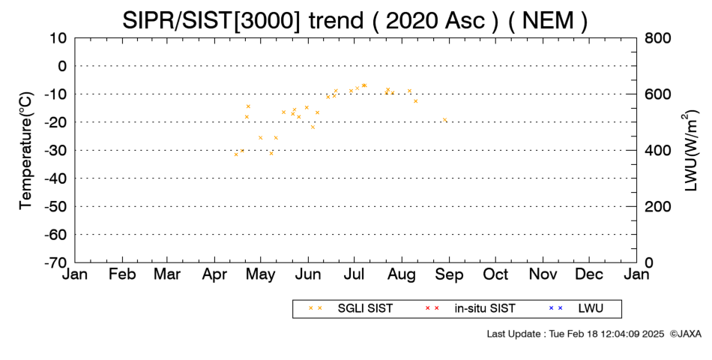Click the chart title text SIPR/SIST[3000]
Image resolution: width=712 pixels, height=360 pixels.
click(211, 20)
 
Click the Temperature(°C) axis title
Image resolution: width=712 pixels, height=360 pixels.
click(26, 151)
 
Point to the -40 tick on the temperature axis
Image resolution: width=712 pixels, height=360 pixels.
click(55, 178)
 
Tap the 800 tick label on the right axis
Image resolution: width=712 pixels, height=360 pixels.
click(657, 38)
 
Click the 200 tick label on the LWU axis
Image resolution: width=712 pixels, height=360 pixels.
click(657, 207)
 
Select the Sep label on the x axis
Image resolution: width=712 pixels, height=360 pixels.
click(449, 274)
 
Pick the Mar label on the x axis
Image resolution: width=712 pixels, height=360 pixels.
click(167, 274)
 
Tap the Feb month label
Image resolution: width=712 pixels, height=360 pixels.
click(122, 274)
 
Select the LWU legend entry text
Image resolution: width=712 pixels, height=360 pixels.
click(591, 309)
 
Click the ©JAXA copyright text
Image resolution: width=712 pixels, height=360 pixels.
click(685, 334)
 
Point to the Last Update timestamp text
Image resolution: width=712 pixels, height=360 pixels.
click(576, 334)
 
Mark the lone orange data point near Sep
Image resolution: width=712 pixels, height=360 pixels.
click(444, 120)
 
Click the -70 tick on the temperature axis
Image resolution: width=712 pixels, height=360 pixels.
click(55, 262)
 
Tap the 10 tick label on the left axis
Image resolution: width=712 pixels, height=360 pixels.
click(58, 38)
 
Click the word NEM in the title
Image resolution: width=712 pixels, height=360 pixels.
click(548, 20)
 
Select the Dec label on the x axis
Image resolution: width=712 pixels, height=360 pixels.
click(589, 274)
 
